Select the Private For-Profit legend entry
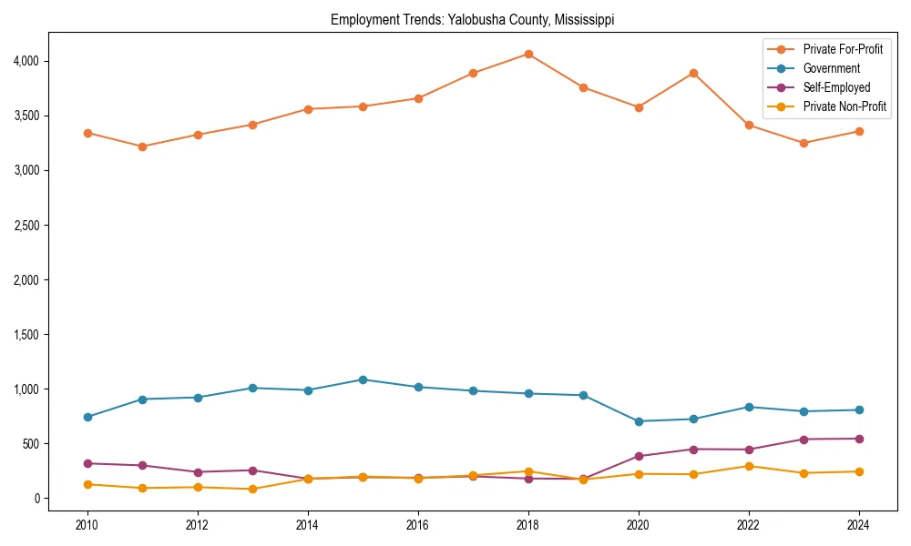843,49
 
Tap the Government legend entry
831,68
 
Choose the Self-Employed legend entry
836,87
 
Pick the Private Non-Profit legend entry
844,106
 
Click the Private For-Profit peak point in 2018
528,54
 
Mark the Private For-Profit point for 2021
693,73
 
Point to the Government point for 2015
363,379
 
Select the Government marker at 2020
639,421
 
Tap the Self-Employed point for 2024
859,439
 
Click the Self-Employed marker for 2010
87,463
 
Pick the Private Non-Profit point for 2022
749,466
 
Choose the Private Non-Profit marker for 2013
252,489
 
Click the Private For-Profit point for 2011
142,147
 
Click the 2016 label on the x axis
418,525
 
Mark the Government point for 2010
87,417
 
